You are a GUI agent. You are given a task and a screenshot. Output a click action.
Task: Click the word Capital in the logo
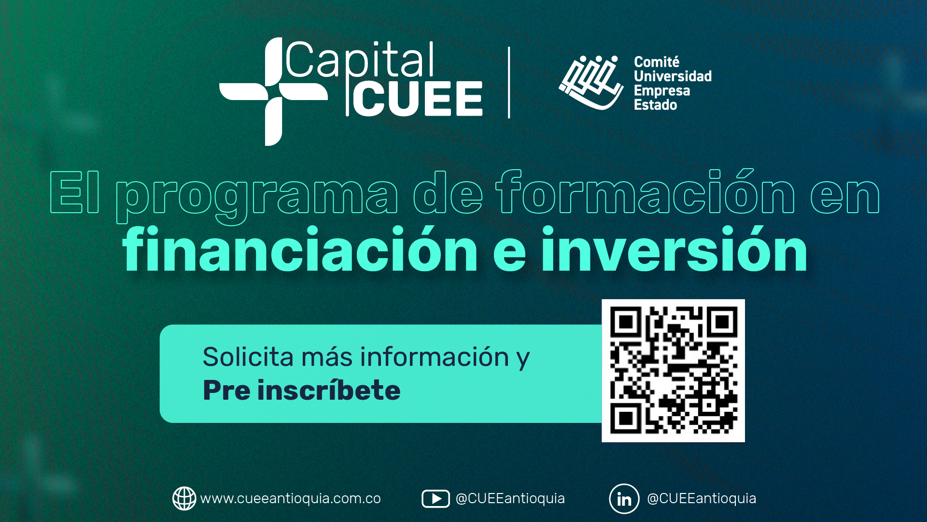point(360,60)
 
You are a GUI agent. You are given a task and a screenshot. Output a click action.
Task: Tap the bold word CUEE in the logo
point(418,99)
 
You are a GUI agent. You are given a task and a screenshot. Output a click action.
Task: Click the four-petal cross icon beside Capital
point(273,92)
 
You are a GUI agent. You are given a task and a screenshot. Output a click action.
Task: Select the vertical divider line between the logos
point(509,83)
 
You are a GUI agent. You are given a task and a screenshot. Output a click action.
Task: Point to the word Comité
point(657,62)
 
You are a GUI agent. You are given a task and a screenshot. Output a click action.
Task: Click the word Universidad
point(673,76)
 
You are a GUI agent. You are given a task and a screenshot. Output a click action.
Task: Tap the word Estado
point(655,105)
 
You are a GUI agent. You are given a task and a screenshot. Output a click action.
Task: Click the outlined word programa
point(257,197)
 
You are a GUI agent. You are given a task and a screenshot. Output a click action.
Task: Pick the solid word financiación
point(300,249)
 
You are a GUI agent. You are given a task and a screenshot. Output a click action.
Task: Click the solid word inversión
point(674,249)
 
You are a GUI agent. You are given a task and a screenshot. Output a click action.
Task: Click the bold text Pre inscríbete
point(302,390)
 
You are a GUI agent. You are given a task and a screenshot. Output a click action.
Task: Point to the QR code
point(673,371)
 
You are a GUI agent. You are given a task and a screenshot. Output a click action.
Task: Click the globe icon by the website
point(184,498)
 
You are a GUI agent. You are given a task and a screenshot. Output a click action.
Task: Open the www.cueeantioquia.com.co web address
point(291,499)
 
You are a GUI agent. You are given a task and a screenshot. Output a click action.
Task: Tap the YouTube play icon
point(435,499)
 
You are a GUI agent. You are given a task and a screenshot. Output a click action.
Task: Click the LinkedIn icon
point(624,499)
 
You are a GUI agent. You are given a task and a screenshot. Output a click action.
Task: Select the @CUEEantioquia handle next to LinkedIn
point(702,499)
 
